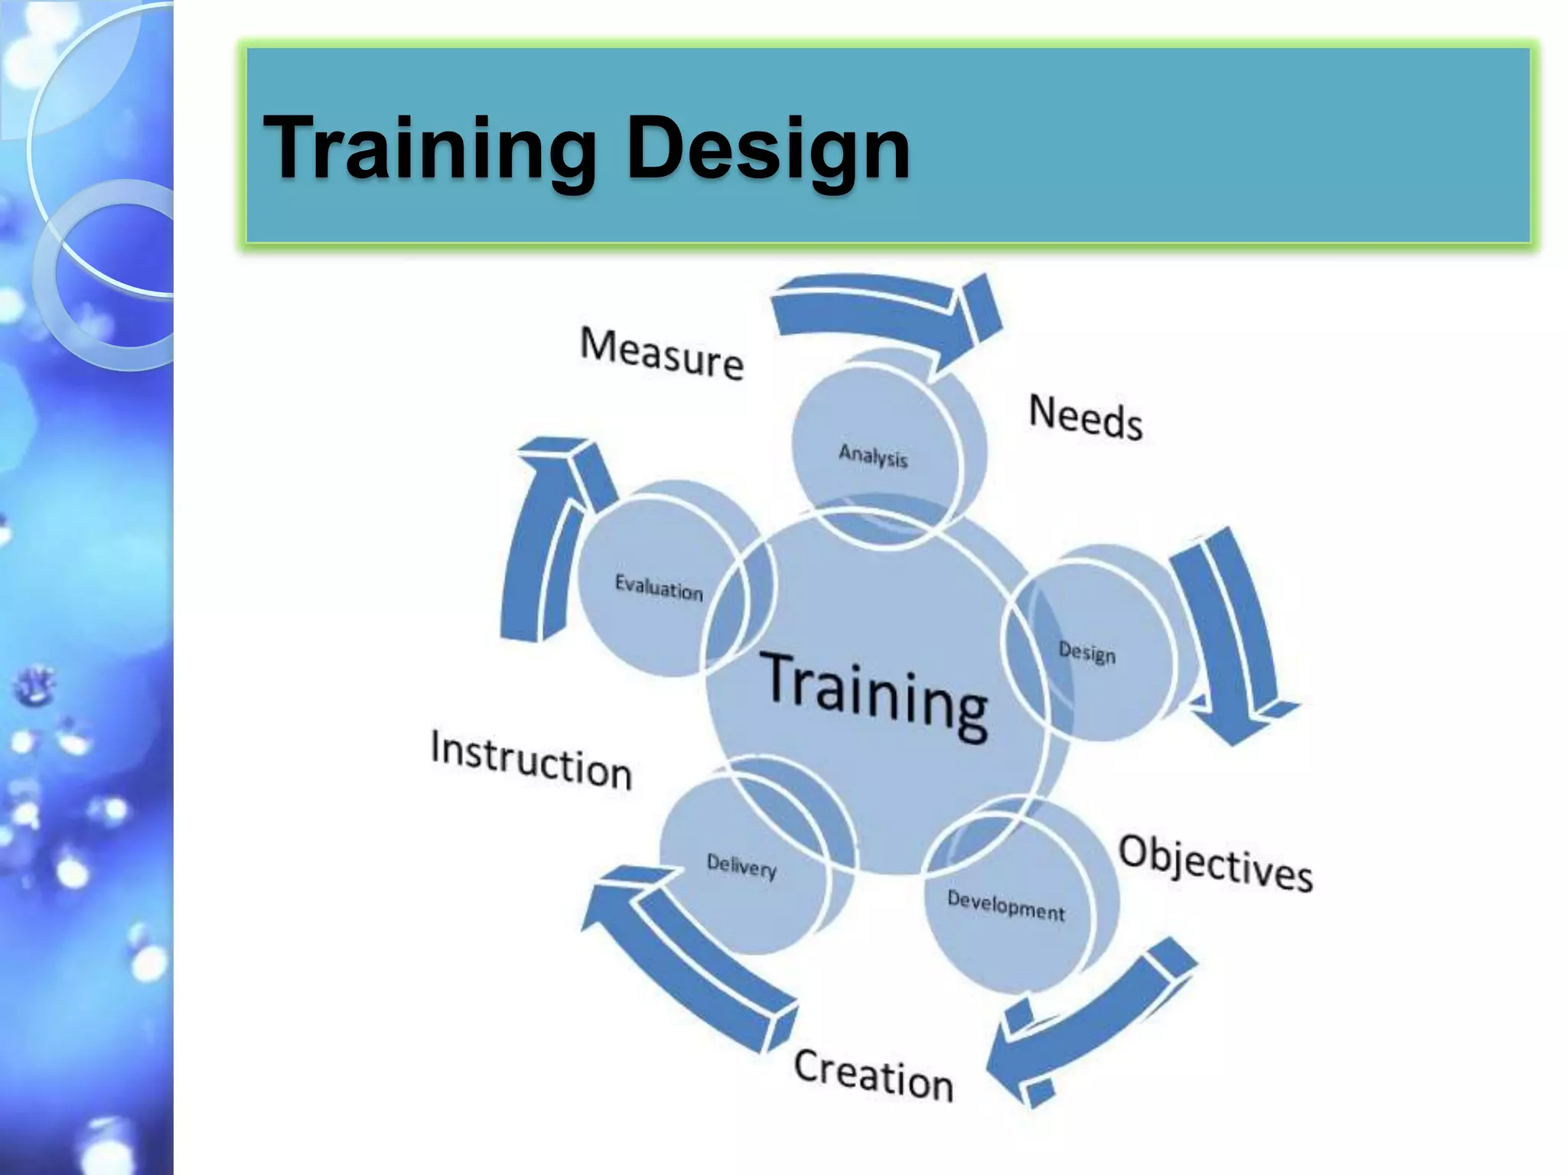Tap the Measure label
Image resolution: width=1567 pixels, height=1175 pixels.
pos(662,353)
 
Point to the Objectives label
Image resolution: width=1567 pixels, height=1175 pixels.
pos(1216,864)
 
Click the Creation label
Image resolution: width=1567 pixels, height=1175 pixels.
pos(874,1074)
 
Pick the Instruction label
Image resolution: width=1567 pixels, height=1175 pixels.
pos(531,760)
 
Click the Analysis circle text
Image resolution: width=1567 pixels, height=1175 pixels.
pos(873,456)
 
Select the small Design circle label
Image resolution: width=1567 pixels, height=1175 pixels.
pos(1086,653)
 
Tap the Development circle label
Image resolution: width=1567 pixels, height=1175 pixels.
pos(1005,906)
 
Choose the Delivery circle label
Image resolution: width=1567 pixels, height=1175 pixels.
pos(741,867)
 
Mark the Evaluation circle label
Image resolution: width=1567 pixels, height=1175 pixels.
pos(659,587)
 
